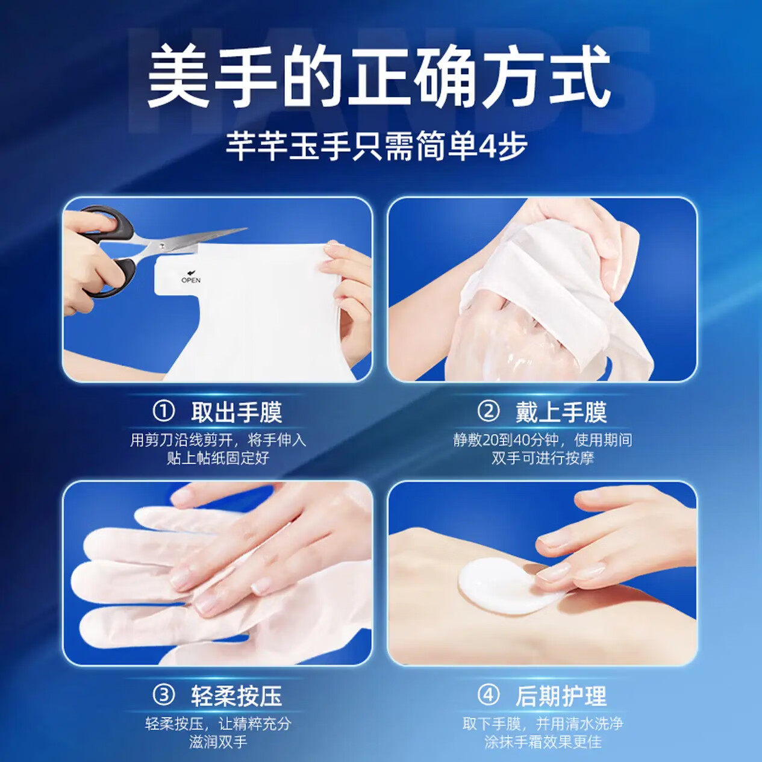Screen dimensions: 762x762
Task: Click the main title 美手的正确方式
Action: click(x=379, y=77)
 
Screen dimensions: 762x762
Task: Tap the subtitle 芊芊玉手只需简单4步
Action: click(x=376, y=146)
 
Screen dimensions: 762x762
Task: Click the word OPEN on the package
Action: click(x=191, y=280)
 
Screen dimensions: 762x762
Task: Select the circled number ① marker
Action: click(x=163, y=412)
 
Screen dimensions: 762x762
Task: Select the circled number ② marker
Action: click(x=488, y=412)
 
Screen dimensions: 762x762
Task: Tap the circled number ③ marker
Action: click(x=163, y=696)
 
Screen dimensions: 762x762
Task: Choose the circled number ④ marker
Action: click(x=488, y=696)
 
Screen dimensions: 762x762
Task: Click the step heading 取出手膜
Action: click(x=237, y=413)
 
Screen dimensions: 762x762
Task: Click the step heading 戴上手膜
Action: click(x=561, y=413)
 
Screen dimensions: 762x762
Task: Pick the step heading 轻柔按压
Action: click(x=237, y=696)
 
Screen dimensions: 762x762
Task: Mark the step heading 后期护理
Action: click(x=561, y=696)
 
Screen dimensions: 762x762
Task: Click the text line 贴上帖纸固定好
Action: click(x=218, y=458)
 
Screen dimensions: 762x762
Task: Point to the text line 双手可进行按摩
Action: click(x=543, y=458)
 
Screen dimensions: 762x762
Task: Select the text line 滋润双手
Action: click(x=218, y=742)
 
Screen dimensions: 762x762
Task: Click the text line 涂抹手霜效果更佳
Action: click(x=543, y=742)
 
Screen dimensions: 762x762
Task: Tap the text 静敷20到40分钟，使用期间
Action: click(x=543, y=440)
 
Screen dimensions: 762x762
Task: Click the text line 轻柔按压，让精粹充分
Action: click(x=218, y=723)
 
